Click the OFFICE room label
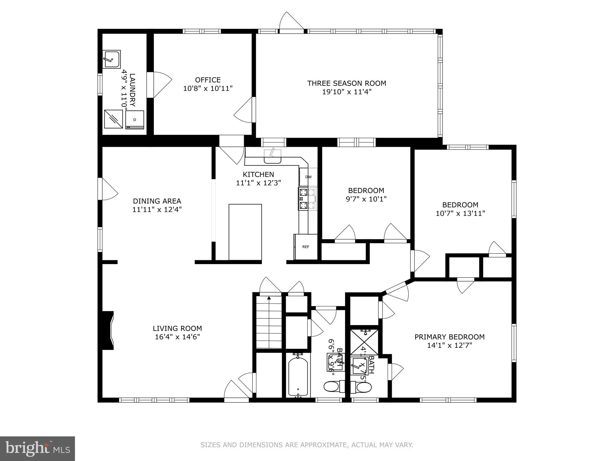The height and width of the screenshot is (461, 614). tap(208, 80)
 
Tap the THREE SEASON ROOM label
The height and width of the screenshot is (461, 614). tap(347, 83)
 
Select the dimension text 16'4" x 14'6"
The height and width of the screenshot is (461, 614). tap(177, 337)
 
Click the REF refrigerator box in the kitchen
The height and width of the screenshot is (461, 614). tap(306, 247)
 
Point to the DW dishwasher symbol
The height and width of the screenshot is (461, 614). tap(308, 177)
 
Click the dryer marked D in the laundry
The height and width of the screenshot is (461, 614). tap(135, 120)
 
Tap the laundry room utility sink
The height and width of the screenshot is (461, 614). tap(112, 59)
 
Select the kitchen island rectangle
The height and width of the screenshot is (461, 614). tap(245, 232)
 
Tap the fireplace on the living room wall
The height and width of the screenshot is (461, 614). tap(108, 330)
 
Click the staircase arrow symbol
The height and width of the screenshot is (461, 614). tap(269, 298)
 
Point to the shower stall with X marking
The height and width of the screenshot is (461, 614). tap(364, 342)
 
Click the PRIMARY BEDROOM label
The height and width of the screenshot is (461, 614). tap(449, 337)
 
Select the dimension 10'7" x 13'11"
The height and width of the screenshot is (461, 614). tap(460, 213)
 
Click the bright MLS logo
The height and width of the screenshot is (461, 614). tap(37, 448)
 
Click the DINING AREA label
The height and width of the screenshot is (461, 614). tap(157, 201)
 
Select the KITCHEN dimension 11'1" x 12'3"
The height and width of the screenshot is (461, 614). tap(258, 183)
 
